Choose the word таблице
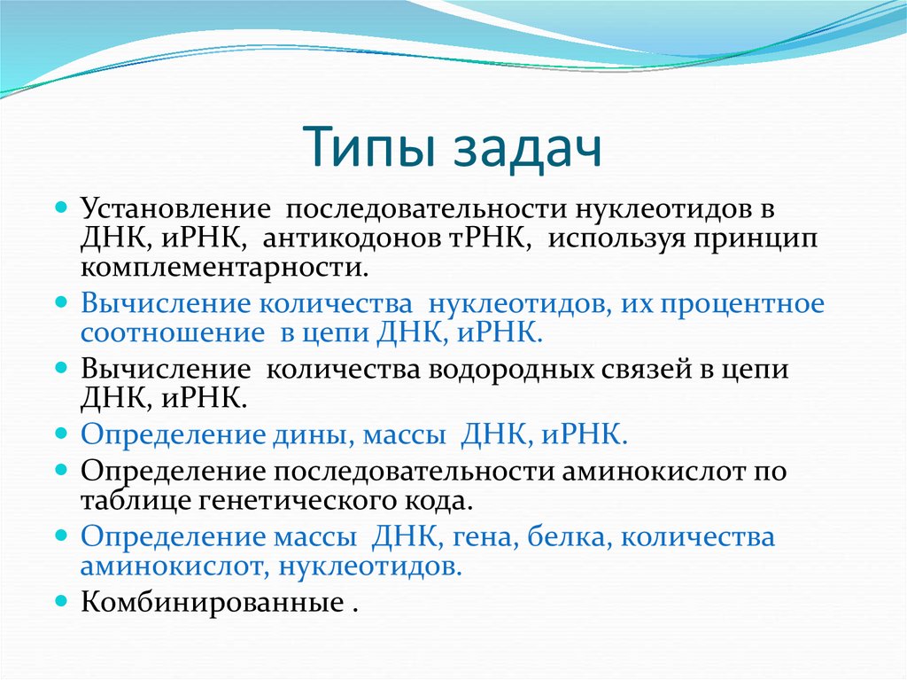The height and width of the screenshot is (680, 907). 132,500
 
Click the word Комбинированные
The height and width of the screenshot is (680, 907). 210,603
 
